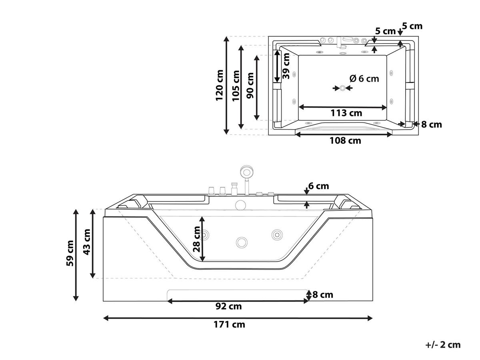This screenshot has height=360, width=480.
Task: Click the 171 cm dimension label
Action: [229, 324]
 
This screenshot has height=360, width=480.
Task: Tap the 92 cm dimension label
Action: [228, 306]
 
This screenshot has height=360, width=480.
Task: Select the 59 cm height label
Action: [70, 253]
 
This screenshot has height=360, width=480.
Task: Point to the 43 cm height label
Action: [87, 242]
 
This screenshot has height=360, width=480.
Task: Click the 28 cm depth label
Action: [196, 239]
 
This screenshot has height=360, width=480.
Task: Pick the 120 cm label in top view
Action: [220, 85]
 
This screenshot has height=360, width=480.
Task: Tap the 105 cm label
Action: [236, 86]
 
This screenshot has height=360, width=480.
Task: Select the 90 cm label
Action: [250, 86]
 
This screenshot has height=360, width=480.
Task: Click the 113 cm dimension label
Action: [346, 113]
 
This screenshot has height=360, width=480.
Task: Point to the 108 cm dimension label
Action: [345, 141]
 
